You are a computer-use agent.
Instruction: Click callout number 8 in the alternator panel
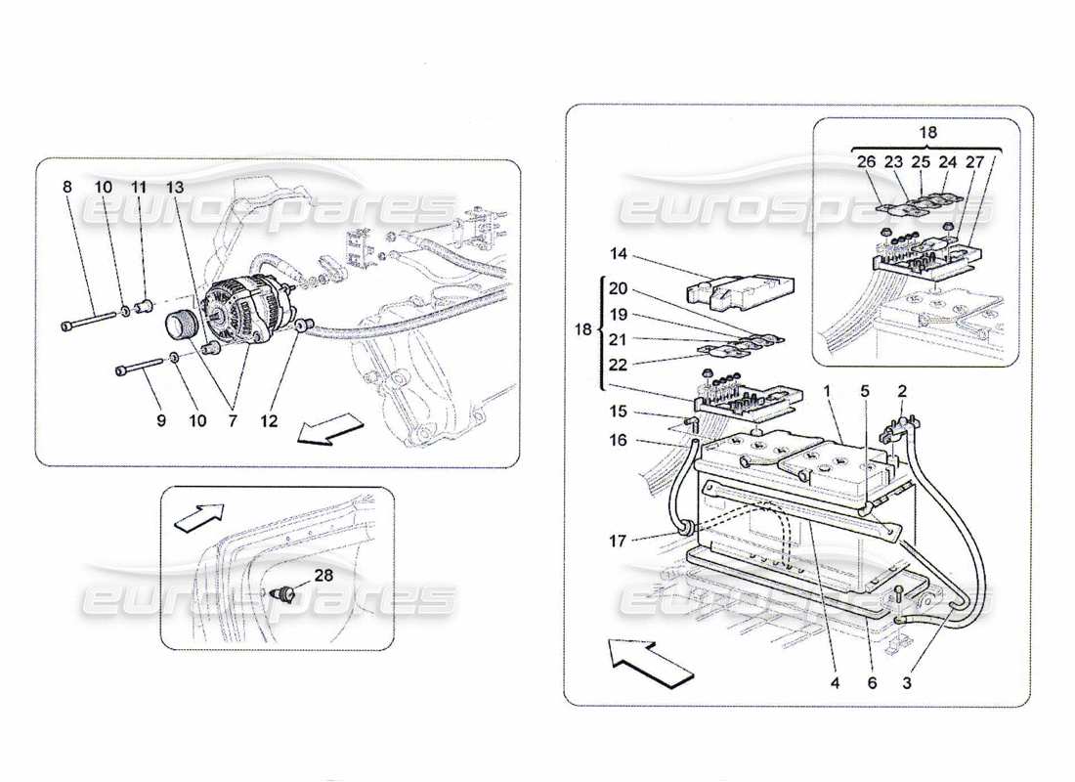click(x=66, y=187)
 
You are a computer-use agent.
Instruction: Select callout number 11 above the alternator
click(x=139, y=187)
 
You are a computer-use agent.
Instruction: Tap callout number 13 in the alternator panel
click(x=175, y=187)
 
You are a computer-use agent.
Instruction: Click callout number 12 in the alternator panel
click(x=269, y=421)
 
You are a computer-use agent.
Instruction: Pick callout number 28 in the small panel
click(x=323, y=576)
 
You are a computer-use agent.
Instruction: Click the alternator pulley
click(x=184, y=324)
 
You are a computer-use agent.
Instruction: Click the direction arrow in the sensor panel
click(x=197, y=517)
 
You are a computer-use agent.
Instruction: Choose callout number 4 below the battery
click(x=835, y=683)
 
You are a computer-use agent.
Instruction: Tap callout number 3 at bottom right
click(x=908, y=683)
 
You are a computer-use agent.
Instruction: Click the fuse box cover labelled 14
click(x=741, y=286)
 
